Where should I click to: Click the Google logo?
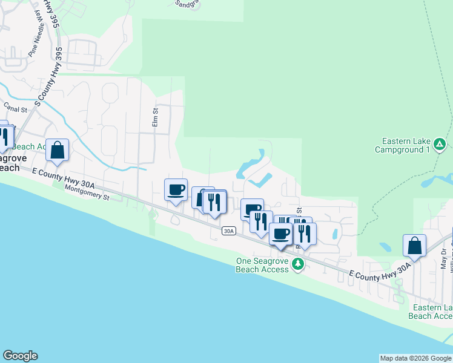[20, 356]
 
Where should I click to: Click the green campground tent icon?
[440, 145]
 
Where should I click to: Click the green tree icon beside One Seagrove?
[297, 264]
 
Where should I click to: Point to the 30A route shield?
[228, 231]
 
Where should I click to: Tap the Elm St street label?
[155, 117]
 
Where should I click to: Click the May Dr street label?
[444, 259]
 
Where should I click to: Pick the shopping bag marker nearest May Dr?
[414, 246]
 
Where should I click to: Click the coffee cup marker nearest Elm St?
[176, 190]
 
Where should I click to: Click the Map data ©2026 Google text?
[415, 358]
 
